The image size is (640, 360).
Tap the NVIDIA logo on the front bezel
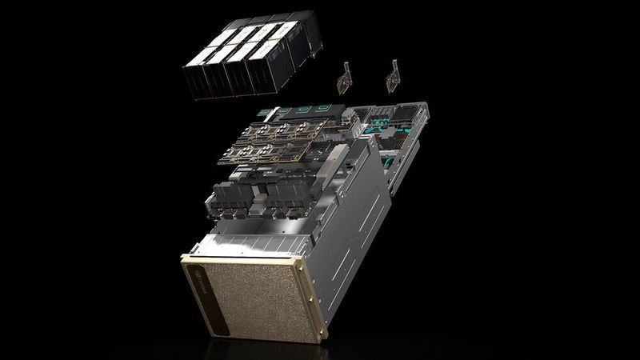tap(198, 279)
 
